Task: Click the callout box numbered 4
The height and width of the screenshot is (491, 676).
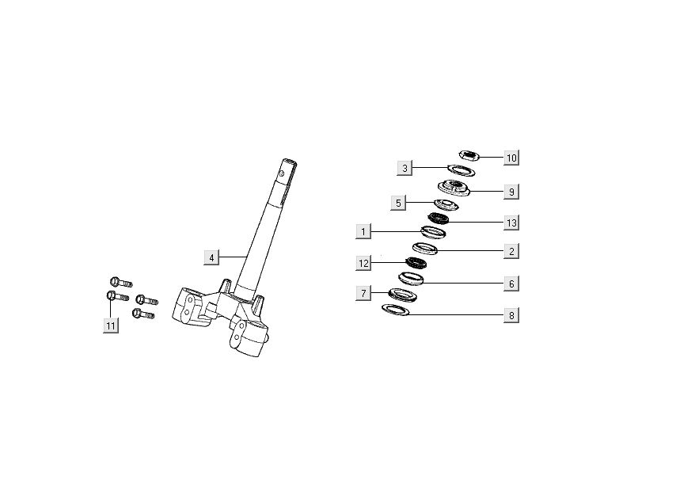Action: pyautogui.click(x=211, y=257)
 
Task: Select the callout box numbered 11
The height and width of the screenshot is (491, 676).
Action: pyautogui.click(x=111, y=325)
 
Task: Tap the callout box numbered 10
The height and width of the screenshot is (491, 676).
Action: pyautogui.click(x=511, y=158)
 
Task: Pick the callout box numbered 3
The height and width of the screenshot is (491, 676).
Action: pyautogui.click(x=404, y=168)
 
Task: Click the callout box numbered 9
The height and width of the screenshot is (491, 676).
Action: pyautogui.click(x=511, y=192)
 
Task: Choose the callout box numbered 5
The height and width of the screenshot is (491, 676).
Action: pyautogui.click(x=399, y=203)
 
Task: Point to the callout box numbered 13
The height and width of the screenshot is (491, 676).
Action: pyautogui.click(x=511, y=223)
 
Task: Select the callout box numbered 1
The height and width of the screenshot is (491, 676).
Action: pyautogui.click(x=363, y=232)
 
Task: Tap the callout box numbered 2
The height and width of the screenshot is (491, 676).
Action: pyautogui.click(x=511, y=252)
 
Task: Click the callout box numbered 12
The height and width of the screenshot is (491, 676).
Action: pyautogui.click(x=363, y=262)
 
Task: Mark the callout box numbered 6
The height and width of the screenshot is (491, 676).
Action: pyautogui.click(x=511, y=283)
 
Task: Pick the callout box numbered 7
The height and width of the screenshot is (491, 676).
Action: pyautogui.click(x=363, y=294)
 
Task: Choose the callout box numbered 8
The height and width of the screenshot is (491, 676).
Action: pyautogui.click(x=511, y=315)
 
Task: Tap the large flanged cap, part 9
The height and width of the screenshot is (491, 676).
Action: pyautogui.click(x=454, y=188)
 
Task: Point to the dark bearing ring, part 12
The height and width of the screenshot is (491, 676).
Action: pyautogui.click(x=416, y=263)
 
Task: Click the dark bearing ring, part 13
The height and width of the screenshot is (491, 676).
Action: pyautogui.click(x=438, y=218)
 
